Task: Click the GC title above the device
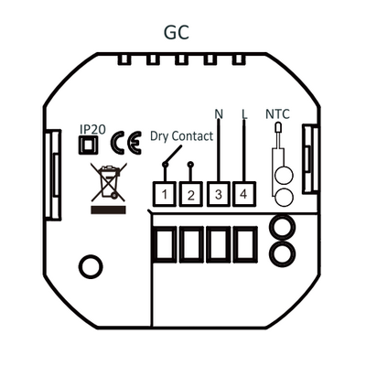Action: click(177, 32)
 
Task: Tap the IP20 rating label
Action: click(92, 129)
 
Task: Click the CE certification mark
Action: click(126, 143)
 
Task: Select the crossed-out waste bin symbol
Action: click(109, 182)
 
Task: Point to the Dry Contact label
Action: click(181, 136)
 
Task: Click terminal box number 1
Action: click(165, 194)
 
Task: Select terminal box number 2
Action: click(190, 194)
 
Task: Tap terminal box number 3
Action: click(219, 194)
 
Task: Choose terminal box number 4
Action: click(244, 194)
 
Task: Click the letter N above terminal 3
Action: click(219, 114)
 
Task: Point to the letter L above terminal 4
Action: click(244, 114)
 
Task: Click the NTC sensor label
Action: click(277, 114)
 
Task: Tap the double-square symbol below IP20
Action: click(88, 145)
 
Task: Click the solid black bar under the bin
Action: click(108, 210)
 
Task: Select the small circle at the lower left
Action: click(91, 266)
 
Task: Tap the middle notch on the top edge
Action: click(181, 59)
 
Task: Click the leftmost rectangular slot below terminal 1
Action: click(165, 244)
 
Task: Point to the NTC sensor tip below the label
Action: click(278, 127)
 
